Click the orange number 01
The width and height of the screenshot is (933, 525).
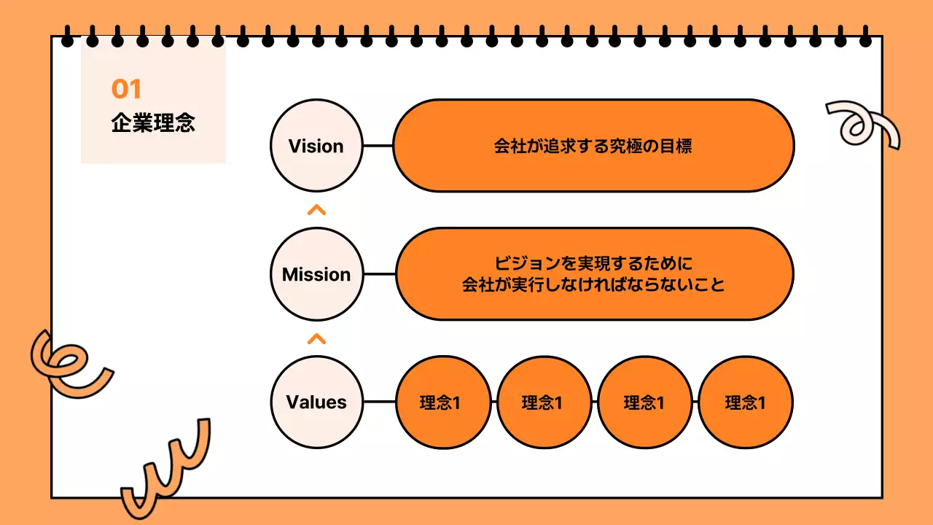(x=126, y=90)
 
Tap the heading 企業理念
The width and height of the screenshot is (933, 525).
(x=153, y=122)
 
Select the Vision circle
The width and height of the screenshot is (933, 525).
(x=316, y=146)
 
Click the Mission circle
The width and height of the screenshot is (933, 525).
(x=316, y=275)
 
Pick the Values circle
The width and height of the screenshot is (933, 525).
(x=316, y=402)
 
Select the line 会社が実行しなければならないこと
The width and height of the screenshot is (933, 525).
(x=593, y=284)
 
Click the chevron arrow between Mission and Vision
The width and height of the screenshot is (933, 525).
(x=316, y=211)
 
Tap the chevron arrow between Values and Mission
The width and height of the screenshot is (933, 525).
(x=316, y=338)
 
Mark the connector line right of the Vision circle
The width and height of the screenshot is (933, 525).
(x=378, y=146)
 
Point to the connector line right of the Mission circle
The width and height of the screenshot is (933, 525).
(x=379, y=275)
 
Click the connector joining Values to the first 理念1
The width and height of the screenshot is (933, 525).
(x=379, y=402)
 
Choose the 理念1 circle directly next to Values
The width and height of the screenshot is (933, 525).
(x=443, y=402)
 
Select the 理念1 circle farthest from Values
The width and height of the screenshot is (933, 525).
(x=745, y=402)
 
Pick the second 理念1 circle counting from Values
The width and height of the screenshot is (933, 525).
(x=544, y=402)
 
